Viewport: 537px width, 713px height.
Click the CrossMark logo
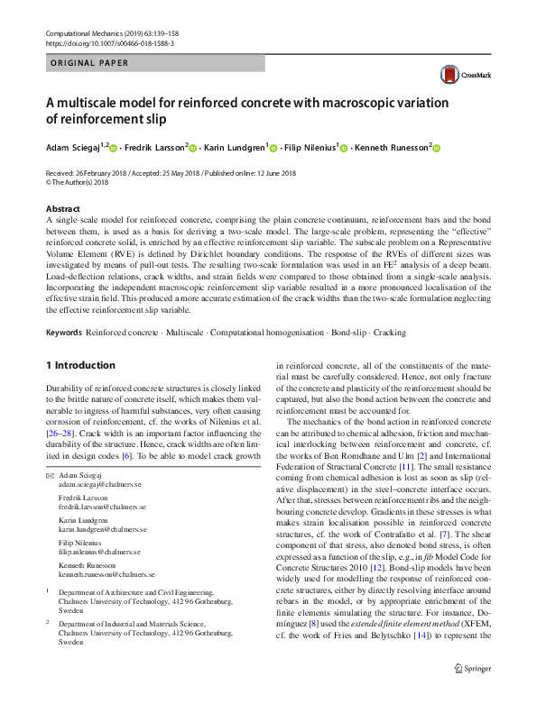460,75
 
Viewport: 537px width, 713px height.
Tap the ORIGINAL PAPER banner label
88,63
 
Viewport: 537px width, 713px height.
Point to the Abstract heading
64,208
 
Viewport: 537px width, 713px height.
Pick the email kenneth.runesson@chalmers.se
106,574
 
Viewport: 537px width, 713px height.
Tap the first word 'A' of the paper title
50,103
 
